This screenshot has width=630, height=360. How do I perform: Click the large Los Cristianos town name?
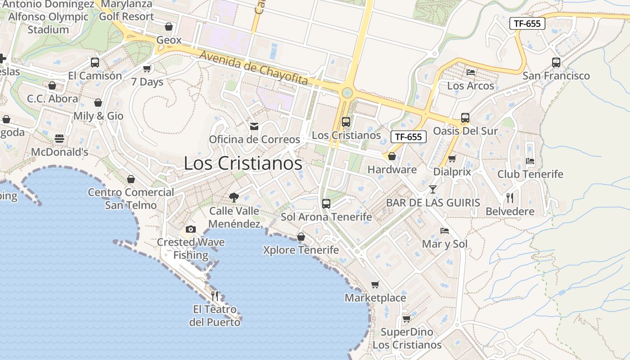243,163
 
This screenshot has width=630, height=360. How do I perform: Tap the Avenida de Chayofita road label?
254,68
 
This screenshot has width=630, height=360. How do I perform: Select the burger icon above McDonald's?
59,139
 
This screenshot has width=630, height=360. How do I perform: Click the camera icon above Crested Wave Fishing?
190,229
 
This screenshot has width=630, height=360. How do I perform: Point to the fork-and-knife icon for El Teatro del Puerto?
215,296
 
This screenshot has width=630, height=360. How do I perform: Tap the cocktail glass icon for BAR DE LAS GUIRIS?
432,189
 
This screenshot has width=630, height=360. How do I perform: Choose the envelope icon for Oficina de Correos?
254,126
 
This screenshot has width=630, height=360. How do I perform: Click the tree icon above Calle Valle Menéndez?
234,197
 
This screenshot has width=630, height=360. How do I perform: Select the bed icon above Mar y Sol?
445,231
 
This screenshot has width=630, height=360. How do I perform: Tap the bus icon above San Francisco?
556,63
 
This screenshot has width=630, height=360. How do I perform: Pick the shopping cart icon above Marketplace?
375,284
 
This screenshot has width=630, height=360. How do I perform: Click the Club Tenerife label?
530,174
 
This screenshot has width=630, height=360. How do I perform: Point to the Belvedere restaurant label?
510,211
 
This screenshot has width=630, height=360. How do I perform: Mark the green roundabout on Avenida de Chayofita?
347,93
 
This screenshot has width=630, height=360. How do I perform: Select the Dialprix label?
452,171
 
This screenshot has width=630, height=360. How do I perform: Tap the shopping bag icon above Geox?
169,27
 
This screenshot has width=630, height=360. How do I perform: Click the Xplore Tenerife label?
301,250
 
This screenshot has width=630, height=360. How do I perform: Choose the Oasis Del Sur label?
465,131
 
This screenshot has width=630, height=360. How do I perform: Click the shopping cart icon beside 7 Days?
147,69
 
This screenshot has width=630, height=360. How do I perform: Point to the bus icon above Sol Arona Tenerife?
326,203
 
